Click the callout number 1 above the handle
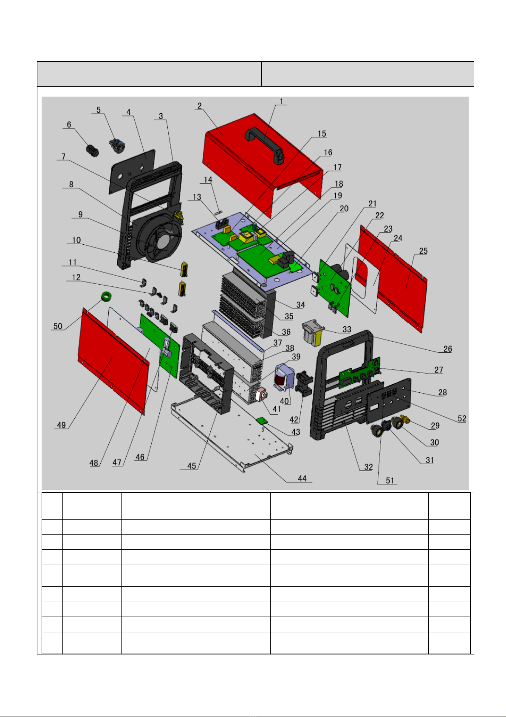coord(281,101)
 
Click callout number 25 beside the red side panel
coord(423,251)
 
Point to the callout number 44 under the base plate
coord(302,478)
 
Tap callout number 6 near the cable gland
coord(69,125)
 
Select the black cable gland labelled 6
coord(92,151)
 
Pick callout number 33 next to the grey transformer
coord(347,329)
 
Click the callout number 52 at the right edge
coord(462,418)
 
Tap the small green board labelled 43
coord(261,420)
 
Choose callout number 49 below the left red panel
coord(61,425)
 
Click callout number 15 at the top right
coord(322,134)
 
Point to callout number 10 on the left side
coord(76,240)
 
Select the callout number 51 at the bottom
coord(390,480)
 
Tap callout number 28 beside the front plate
coord(442,392)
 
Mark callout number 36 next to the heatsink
coord(286,332)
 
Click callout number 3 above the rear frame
coord(161,116)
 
